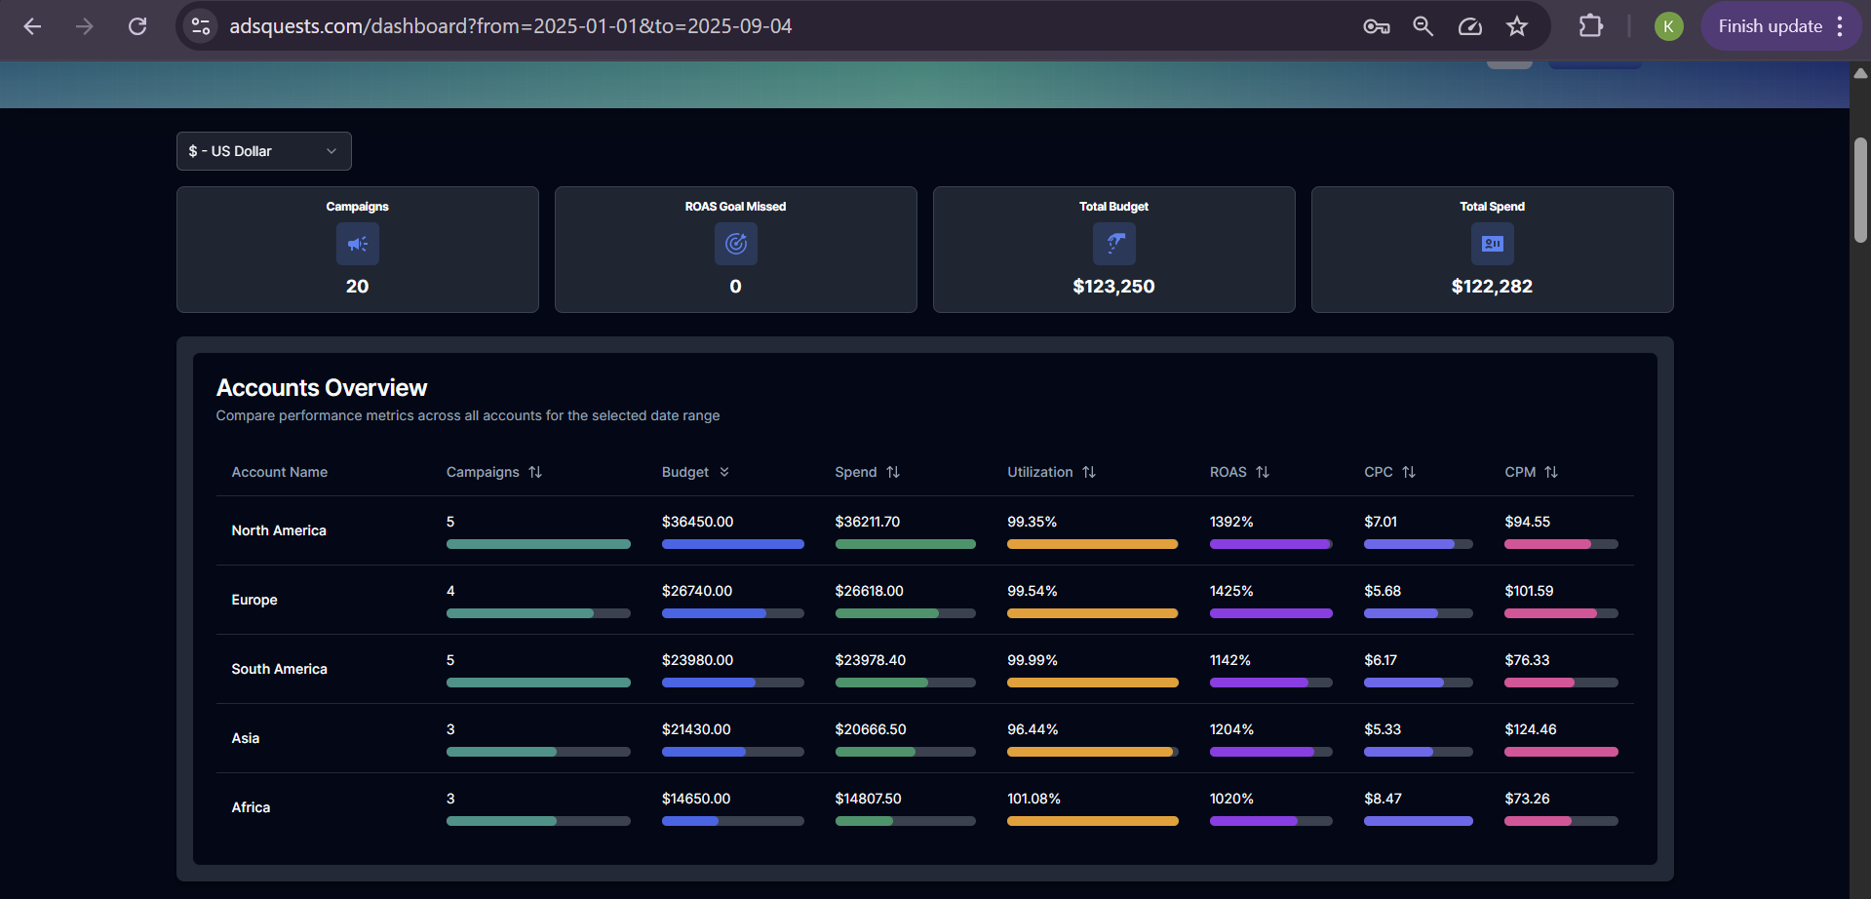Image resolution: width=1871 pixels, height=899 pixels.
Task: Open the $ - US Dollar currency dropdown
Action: [x=263, y=151]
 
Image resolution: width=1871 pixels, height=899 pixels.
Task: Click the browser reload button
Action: [x=137, y=26]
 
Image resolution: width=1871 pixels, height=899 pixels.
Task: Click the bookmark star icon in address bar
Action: [x=1517, y=26]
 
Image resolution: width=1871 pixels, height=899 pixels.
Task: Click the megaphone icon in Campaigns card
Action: [x=358, y=244]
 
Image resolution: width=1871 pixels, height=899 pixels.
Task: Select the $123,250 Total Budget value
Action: [x=1113, y=287]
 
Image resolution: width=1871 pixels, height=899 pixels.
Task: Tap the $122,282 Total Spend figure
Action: [x=1492, y=287]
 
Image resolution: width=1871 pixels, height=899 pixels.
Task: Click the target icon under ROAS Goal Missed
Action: [x=736, y=244]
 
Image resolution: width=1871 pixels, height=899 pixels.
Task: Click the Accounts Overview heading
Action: [x=322, y=388]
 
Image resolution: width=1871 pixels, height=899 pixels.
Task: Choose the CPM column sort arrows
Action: [x=1551, y=472]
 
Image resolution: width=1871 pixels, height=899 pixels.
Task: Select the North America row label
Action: [x=279, y=530]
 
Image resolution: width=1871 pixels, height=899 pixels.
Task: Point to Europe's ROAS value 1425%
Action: [x=1231, y=591]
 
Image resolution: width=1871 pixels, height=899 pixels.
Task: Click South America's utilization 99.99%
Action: [x=1033, y=660]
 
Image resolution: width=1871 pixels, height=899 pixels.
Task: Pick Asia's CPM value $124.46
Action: [x=1531, y=729]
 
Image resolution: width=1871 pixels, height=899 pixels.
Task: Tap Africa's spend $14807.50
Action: [x=868, y=799]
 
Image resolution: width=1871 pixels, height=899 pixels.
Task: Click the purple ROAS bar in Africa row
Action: [x=1254, y=821]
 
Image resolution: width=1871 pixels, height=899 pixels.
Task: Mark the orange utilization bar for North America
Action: [x=1092, y=544]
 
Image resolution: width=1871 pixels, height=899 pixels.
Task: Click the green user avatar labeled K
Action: [x=1668, y=26]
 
